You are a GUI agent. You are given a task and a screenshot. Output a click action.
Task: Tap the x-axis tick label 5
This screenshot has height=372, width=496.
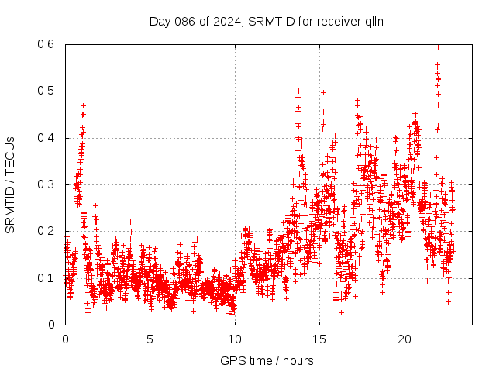tap(150, 339)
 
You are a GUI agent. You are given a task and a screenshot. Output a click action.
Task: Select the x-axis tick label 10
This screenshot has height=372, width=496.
tap(235, 339)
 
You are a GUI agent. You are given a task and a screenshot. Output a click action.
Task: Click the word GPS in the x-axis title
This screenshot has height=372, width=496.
tap(231, 360)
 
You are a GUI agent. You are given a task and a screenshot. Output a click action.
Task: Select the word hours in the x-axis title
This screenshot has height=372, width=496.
tap(298, 360)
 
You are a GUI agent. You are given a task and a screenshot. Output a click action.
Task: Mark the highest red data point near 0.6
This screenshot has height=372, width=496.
tap(438, 46)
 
